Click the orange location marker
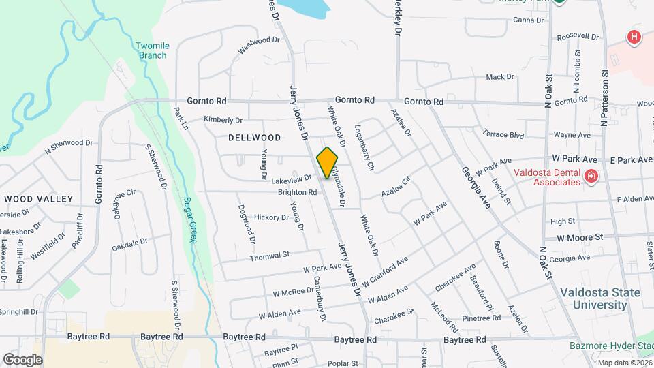point(328,163)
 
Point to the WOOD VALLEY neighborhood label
point(38,198)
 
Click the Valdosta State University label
point(599,298)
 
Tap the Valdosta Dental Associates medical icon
point(591,177)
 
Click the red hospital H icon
point(634,37)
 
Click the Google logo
point(22,358)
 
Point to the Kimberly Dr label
point(223,119)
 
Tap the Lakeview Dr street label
point(291,179)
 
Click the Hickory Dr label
point(271,217)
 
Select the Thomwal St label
point(270,255)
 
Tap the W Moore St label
point(580,238)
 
